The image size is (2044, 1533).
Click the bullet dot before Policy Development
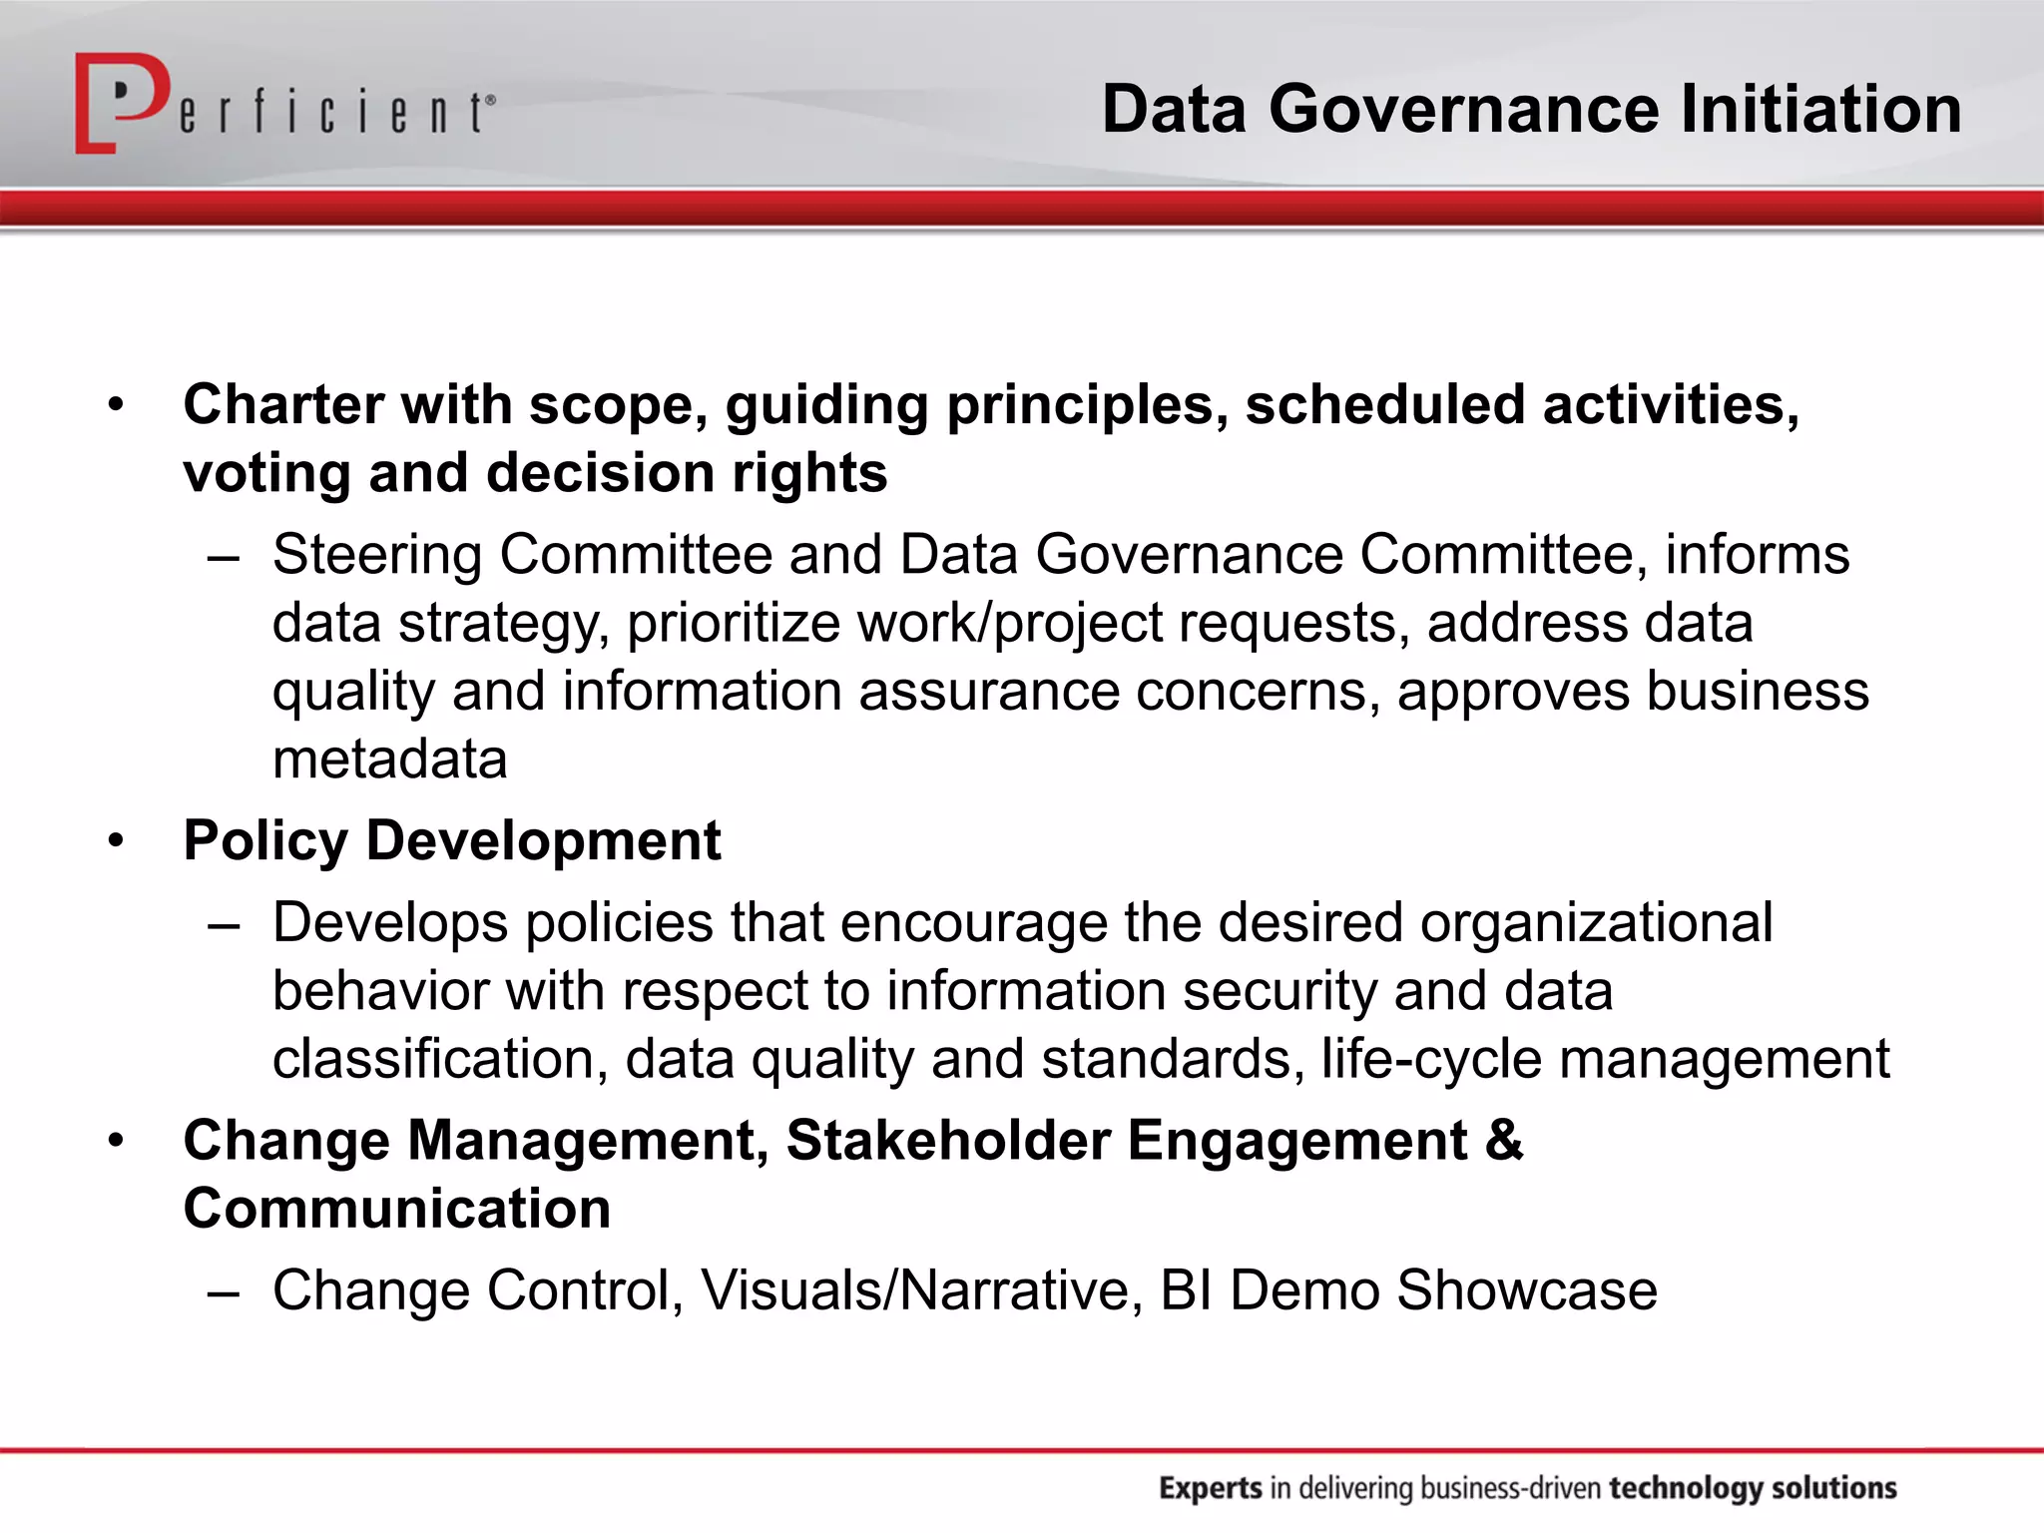click(117, 840)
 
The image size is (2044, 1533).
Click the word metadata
click(390, 760)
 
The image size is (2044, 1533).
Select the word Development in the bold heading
click(543, 840)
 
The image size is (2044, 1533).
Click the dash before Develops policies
click(224, 924)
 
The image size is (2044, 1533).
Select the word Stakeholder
click(948, 1140)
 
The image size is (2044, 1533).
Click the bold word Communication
click(397, 1209)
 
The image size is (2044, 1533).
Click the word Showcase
click(1526, 1290)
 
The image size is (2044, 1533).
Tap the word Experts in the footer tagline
click(1211, 1488)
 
